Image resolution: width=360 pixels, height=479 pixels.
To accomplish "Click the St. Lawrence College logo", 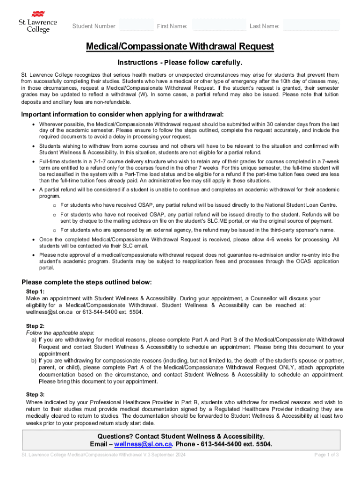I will [38, 22].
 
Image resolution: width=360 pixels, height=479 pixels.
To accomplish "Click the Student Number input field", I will [136, 25].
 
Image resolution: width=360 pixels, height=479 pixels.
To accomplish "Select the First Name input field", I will [219, 25].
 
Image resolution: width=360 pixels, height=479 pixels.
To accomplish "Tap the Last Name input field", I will [311, 25].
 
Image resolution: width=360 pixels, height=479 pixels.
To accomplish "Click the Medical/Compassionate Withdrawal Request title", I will [180, 47].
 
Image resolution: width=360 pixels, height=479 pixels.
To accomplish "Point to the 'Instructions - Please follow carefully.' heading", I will [180, 63].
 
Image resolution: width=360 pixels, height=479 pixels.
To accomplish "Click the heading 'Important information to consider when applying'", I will [122, 115].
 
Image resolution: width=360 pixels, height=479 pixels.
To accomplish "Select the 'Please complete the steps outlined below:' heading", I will [87, 282].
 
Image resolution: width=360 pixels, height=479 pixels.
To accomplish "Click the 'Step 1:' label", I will [36, 291].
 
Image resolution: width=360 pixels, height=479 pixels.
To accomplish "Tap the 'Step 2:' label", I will [36, 326].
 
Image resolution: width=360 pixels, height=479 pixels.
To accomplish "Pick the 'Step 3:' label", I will [36, 395].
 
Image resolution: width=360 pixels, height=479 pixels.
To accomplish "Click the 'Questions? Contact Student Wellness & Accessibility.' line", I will [180, 436].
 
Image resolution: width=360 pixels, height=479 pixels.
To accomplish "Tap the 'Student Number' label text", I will [94, 26].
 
